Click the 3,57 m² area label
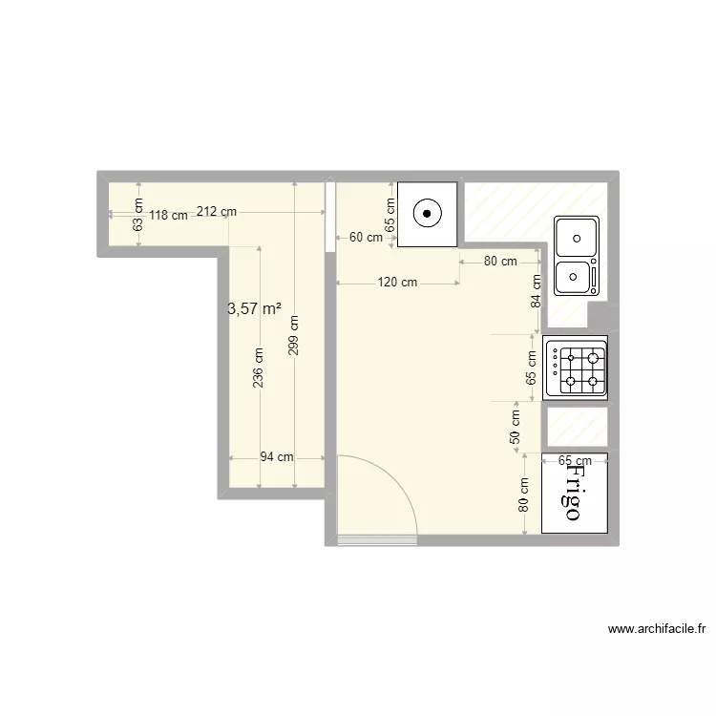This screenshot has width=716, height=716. click(254, 308)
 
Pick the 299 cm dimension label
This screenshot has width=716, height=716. click(294, 335)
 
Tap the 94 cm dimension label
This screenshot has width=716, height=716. click(277, 457)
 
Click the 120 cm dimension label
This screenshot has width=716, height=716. click(397, 283)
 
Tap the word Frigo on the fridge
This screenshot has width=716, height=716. click(574, 493)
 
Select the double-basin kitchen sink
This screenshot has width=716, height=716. click(577, 255)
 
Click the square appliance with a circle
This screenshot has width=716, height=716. click(426, 214)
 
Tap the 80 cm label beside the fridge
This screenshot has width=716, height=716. click(524, 495)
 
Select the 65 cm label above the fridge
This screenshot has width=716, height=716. click(574, 459)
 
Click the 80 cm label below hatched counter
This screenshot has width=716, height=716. click(500, 261)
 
